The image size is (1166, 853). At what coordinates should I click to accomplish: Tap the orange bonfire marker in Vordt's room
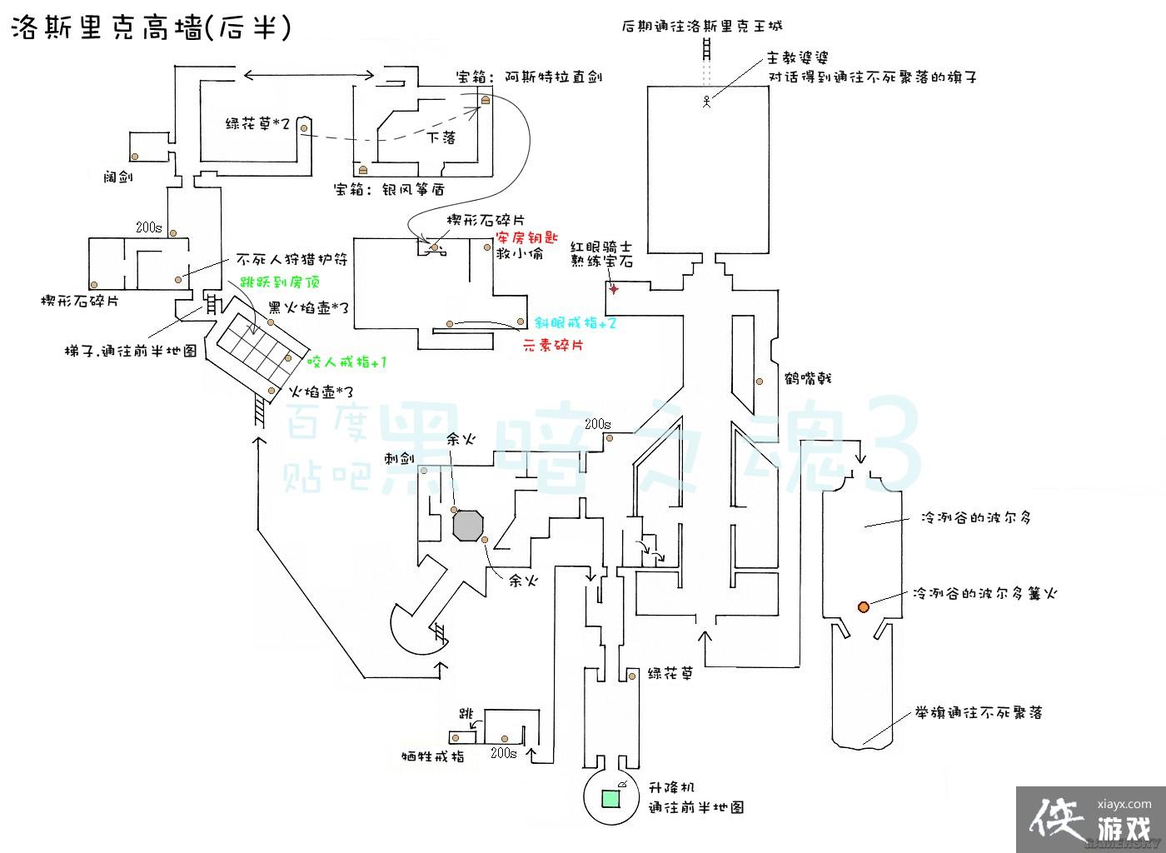864,606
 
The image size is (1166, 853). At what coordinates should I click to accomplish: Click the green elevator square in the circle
610,797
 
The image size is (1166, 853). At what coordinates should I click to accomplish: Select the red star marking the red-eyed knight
615,289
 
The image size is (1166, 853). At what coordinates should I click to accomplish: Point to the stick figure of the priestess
706,102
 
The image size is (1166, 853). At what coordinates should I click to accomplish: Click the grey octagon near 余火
468,525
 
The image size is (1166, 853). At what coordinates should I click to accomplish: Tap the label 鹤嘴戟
808,379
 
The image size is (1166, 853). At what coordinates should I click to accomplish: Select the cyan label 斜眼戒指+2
576,323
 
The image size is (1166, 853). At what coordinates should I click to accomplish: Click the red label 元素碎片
552,345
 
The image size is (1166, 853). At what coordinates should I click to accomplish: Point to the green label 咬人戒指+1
346,362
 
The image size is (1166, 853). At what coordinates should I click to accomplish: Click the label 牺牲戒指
432,757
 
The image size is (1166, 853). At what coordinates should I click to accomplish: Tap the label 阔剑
117,177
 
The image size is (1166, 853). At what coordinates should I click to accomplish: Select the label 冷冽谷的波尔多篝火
984,594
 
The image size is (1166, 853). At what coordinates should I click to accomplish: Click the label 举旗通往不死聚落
979,713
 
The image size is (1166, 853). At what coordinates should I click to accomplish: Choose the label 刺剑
398,459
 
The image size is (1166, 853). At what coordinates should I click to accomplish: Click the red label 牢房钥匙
527,237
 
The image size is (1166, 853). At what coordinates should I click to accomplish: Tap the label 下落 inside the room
441,137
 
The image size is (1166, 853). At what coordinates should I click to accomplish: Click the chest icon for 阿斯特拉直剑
485,100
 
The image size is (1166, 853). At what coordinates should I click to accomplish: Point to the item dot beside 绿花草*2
305,127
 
